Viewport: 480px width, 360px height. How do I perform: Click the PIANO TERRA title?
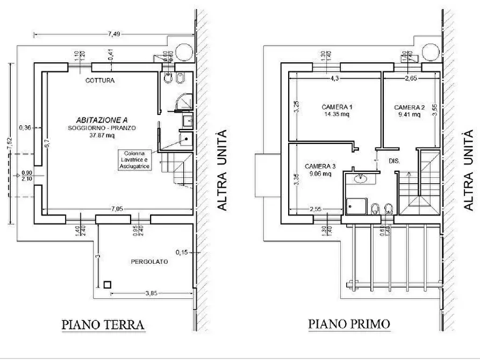pyautogui.click(x=103, y=325)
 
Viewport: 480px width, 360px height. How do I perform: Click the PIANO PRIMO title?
pyautogui.click(x=349, y=325)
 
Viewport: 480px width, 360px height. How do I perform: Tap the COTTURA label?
pyautogui.click(x=100, y=81)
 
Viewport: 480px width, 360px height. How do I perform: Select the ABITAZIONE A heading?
pyautogui.click(x=102, y=120)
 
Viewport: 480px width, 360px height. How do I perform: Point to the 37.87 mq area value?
pyautogui.click(x=102, y=135)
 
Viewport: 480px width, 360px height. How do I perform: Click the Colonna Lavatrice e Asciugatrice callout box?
pyautogui.click(x=135, y=160)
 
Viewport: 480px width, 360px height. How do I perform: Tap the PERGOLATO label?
pyautogui.click(x=149, y=262)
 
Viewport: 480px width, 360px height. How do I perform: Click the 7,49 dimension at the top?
pyautogui.click(x=113, y=33)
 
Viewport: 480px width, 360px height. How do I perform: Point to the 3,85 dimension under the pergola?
pyautogui.click(x=151, y=293)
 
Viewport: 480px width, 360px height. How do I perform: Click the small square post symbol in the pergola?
pyautogui.click(x=107, y=285)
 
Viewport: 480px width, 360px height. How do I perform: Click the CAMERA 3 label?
pyautogui.click(x=320, y=166)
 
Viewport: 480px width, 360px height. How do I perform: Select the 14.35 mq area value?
pyautogui.click(x=337, y=114)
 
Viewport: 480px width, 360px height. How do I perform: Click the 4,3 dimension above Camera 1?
pyautogui.click(x=334, y=78)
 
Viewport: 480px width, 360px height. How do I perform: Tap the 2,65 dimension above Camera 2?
pyautogui.click(x=411, y=78)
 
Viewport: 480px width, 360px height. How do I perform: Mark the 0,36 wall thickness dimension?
pyautogui.click(x=25, y=127)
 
